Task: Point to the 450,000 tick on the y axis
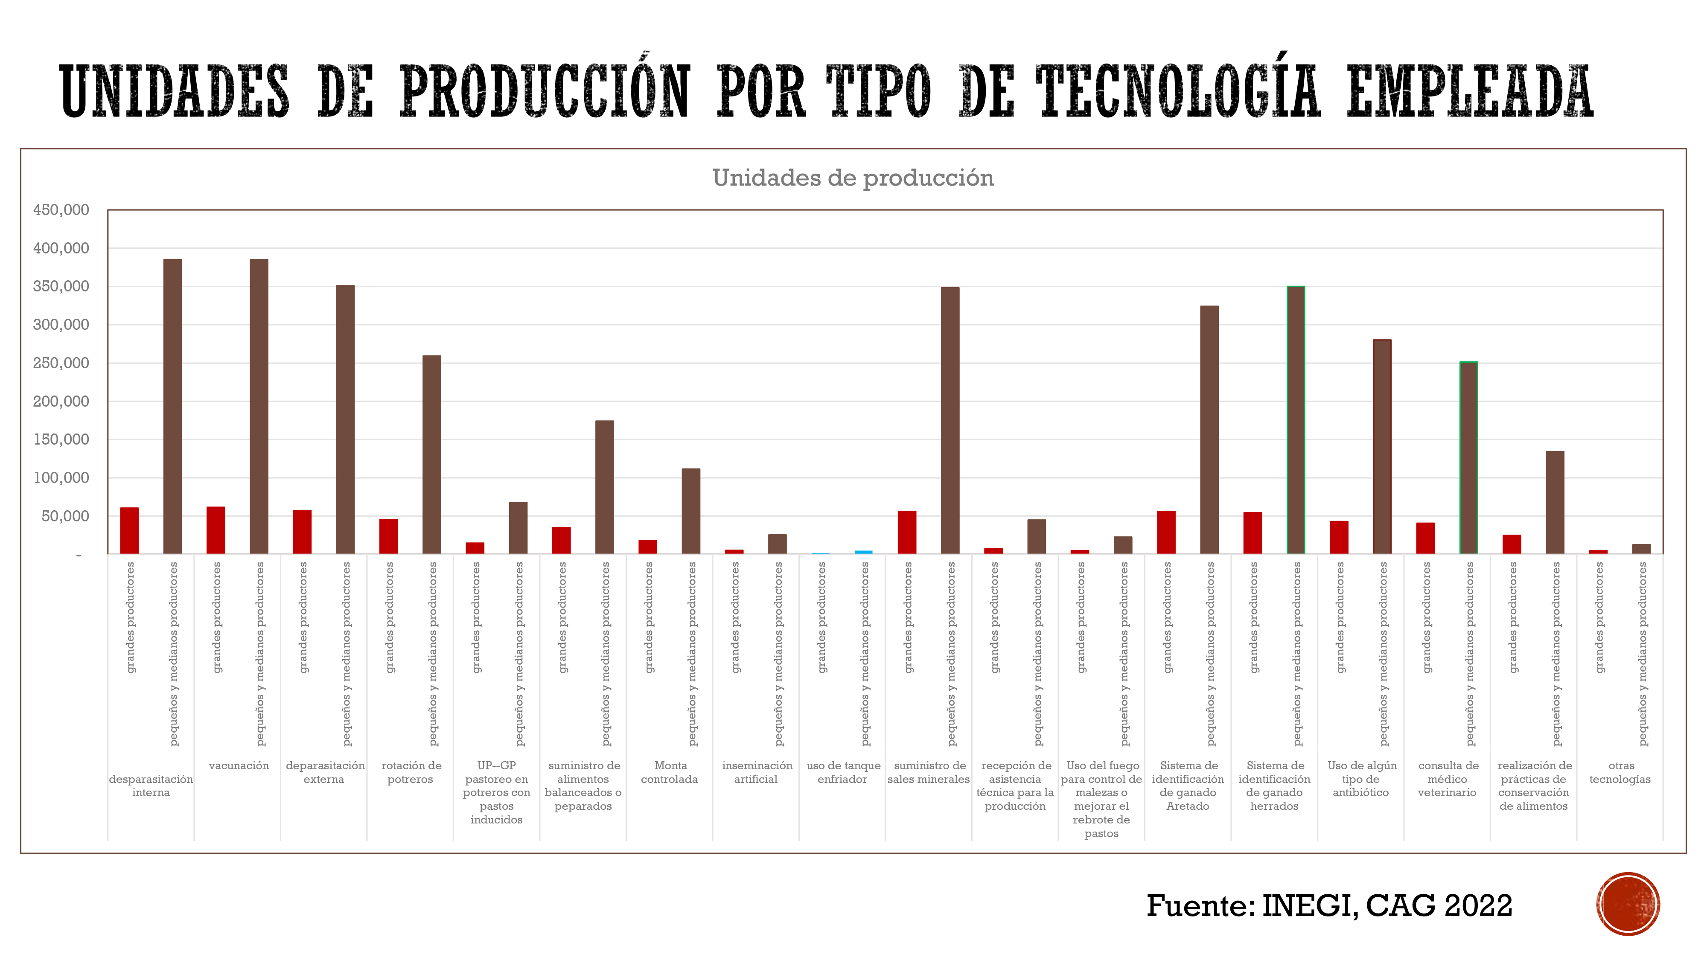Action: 61,210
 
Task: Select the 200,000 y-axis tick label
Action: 61,401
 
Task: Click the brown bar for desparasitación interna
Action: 172,406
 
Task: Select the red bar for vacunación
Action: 216,530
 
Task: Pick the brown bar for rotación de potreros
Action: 432,454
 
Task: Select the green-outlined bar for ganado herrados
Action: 1296,420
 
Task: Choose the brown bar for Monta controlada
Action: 691,511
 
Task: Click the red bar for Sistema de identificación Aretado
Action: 1166,532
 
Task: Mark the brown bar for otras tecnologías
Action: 1641,549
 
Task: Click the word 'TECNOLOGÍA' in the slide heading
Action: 1179,91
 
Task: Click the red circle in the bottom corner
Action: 1628,904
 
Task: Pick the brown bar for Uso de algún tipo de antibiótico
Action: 1382,447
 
